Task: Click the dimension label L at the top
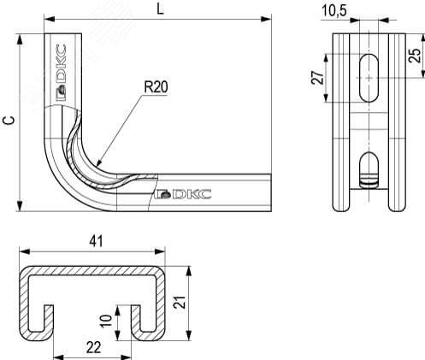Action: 161,9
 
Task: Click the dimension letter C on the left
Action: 9,121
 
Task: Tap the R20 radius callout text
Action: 156,87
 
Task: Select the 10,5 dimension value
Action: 334,11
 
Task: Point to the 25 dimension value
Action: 415,56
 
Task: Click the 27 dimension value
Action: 317,78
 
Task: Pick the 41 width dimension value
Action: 96,242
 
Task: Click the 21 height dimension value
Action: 180,302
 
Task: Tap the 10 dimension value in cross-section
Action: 107,322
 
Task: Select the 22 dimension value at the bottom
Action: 93,348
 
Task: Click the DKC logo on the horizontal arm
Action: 183,194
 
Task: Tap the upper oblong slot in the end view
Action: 369,78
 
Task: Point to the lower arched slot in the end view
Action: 369,170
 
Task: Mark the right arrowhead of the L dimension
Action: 266,19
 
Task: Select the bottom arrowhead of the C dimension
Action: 20,206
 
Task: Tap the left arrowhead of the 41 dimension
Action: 25,251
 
